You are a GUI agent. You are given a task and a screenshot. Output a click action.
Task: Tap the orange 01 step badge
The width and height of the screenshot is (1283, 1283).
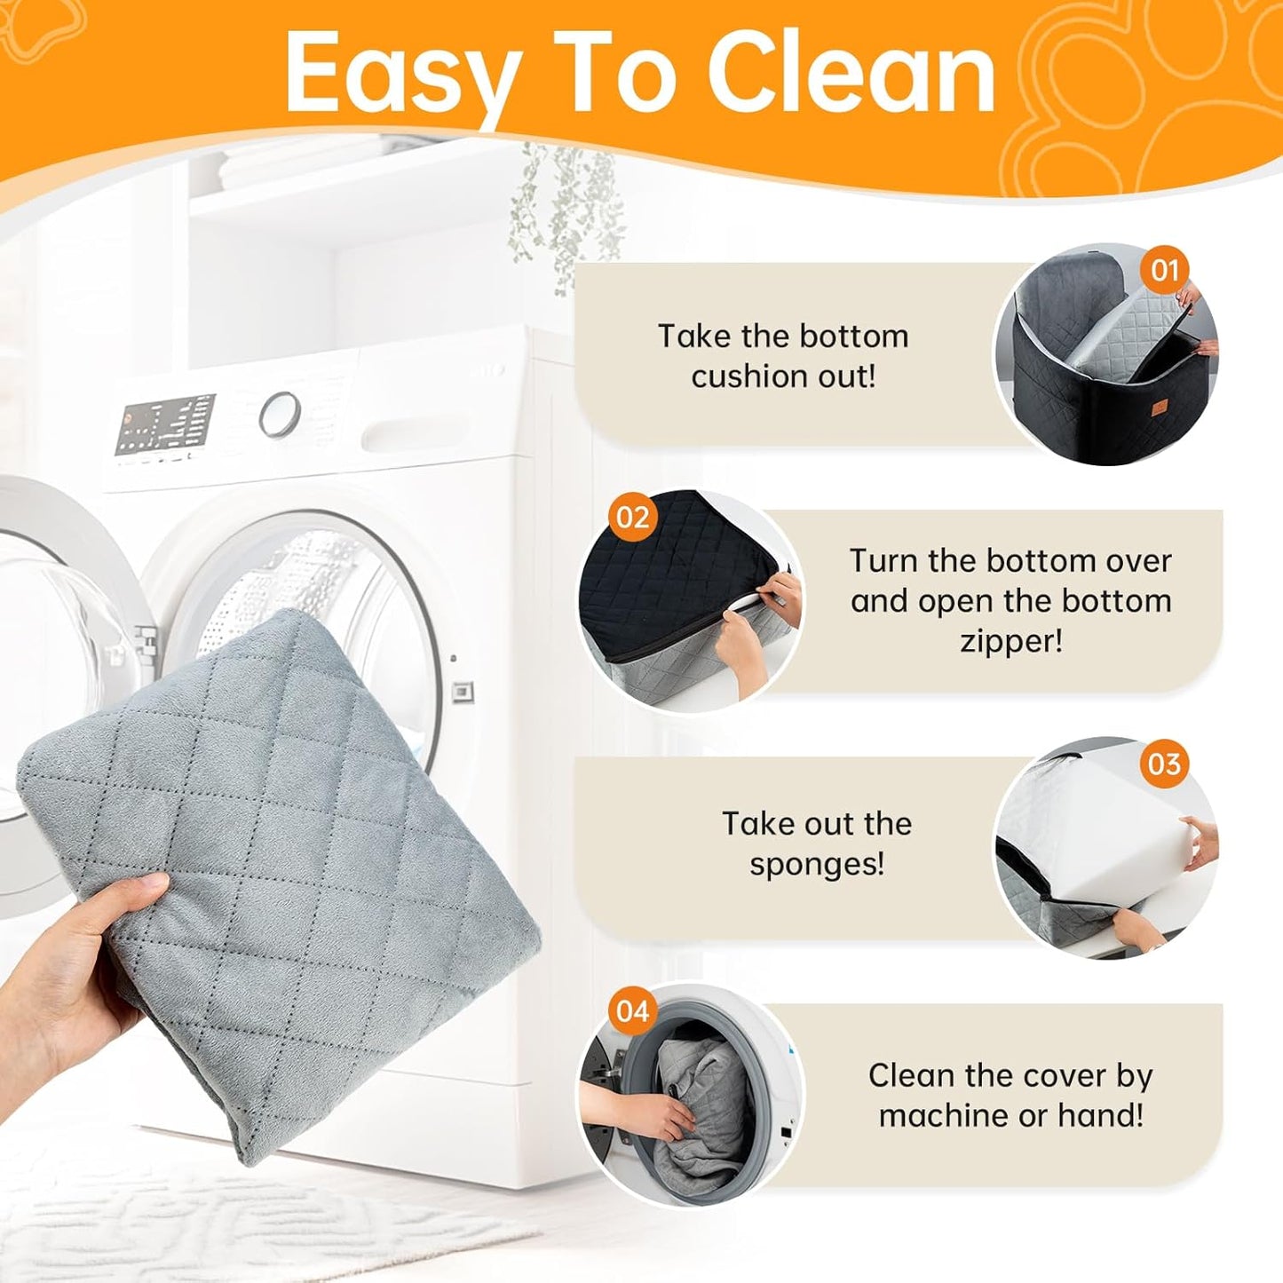click(1164, 271)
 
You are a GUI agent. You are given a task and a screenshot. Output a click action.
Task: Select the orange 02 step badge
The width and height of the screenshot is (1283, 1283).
click(632, 517)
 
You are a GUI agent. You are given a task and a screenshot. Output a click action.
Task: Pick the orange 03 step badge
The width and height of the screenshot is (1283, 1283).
click(1164, 764)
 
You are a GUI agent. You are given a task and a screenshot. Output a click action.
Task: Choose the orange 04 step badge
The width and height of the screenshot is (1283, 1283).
click(632, 1011)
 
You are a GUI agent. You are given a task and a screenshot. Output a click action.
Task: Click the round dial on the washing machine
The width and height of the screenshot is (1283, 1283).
click(280, 415)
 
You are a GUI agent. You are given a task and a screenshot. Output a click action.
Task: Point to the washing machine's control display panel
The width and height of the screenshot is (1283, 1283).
click(165, 424)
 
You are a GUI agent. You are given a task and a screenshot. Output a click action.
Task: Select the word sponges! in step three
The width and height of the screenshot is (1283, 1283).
click(817, 865)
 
